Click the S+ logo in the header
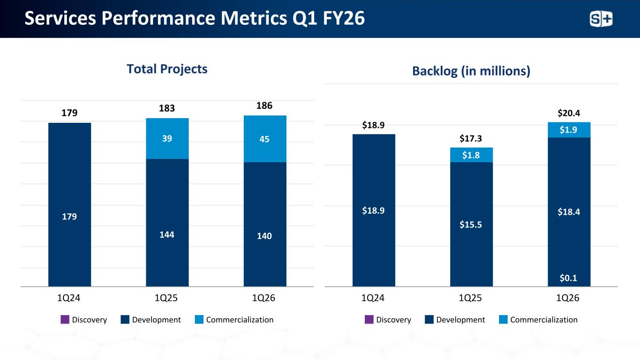(601, 19)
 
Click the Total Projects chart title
(167, 69)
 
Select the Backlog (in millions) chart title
(471, 71)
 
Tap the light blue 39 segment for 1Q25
(167, 138)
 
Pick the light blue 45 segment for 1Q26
(265, 139)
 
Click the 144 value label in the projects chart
(167, 234)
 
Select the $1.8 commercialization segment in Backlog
(471, 155)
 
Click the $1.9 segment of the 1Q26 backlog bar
(569, 130)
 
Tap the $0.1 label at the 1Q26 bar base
(569, 278)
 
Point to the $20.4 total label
(568, 112)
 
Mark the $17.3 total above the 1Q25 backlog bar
(471, 138)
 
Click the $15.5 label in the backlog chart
(471, 225)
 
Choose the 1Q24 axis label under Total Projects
(69, 298)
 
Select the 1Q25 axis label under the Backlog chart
(471, 298)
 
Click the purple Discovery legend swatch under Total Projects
(65, 320)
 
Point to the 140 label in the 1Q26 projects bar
(265, 236)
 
